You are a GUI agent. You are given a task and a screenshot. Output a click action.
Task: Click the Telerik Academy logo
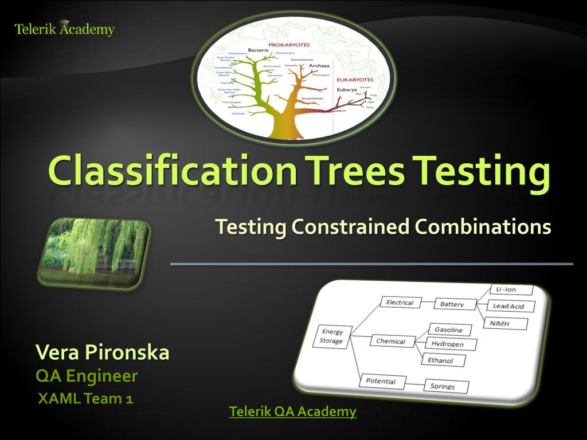tap(64, 29)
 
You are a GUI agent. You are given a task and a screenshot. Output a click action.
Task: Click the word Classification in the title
tap(172, 171)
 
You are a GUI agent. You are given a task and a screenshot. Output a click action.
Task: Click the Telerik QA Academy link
tap(292, 411)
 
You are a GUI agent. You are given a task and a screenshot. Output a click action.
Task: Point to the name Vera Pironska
tap(102, 352)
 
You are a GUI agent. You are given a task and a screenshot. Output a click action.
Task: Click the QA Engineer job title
tap(87, 376)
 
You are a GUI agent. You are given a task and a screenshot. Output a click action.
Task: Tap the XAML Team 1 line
tap(85, 398)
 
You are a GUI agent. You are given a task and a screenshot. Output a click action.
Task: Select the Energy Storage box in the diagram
tap(332, 336)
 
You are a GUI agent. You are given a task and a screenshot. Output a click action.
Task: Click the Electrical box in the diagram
tap(400, 302)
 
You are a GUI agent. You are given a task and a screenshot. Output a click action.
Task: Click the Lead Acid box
tap(509, 307)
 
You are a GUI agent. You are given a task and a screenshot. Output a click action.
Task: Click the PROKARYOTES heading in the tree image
tap(289, 45)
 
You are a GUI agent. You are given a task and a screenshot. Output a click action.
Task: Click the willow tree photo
tap(93, 252)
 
